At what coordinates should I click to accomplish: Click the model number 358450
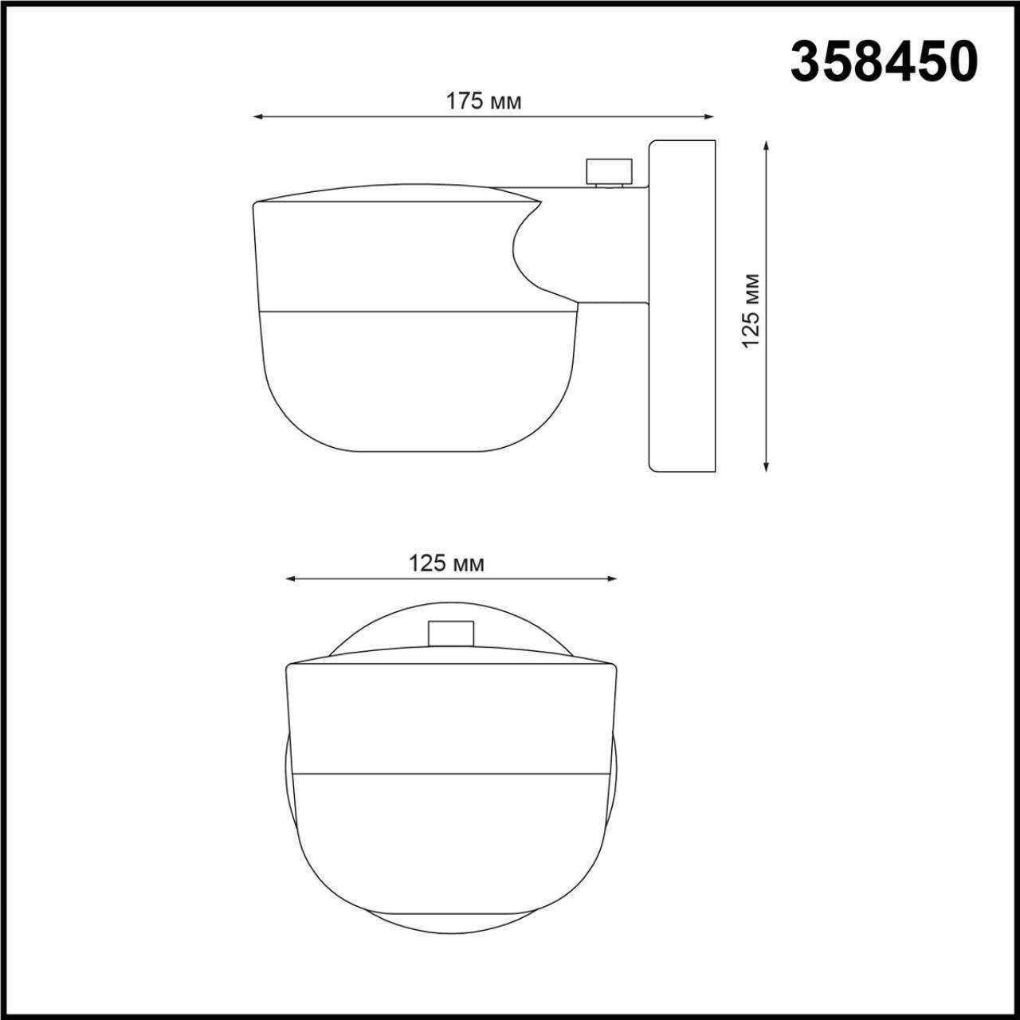[x=883, y=62]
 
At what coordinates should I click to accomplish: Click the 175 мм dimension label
[x=483, y=101]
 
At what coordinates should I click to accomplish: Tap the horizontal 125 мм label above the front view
[x=446, y=563]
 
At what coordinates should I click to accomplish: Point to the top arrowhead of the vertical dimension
[x=766, y=146]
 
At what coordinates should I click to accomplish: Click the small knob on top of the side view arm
[x=610, y=171]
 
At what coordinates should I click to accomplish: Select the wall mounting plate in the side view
[x=682, y=306]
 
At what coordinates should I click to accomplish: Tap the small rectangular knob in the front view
[x=451, y=633]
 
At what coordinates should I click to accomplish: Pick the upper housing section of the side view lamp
[x=382, y=255]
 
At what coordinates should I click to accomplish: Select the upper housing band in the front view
[x=451, y=717]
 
